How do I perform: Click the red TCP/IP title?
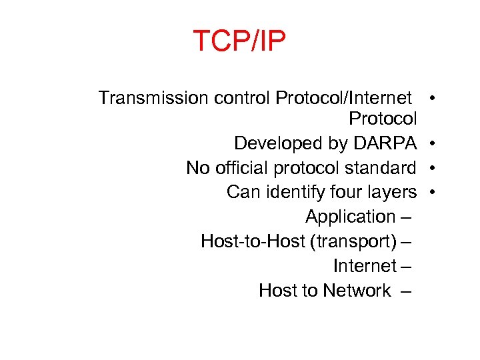[x=239, y=41]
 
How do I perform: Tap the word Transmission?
[x=153, y=99]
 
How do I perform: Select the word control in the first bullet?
[x=242, y=99]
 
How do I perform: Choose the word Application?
[x=350, y=217]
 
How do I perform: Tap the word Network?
[x=357, y=291]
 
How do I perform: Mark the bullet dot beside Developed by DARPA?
[x=433, y=143]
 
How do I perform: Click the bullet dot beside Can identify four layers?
[x=433, y=192]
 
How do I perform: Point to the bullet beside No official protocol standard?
[x=433, y=168]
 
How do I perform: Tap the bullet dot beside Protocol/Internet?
[x=433, y=99]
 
